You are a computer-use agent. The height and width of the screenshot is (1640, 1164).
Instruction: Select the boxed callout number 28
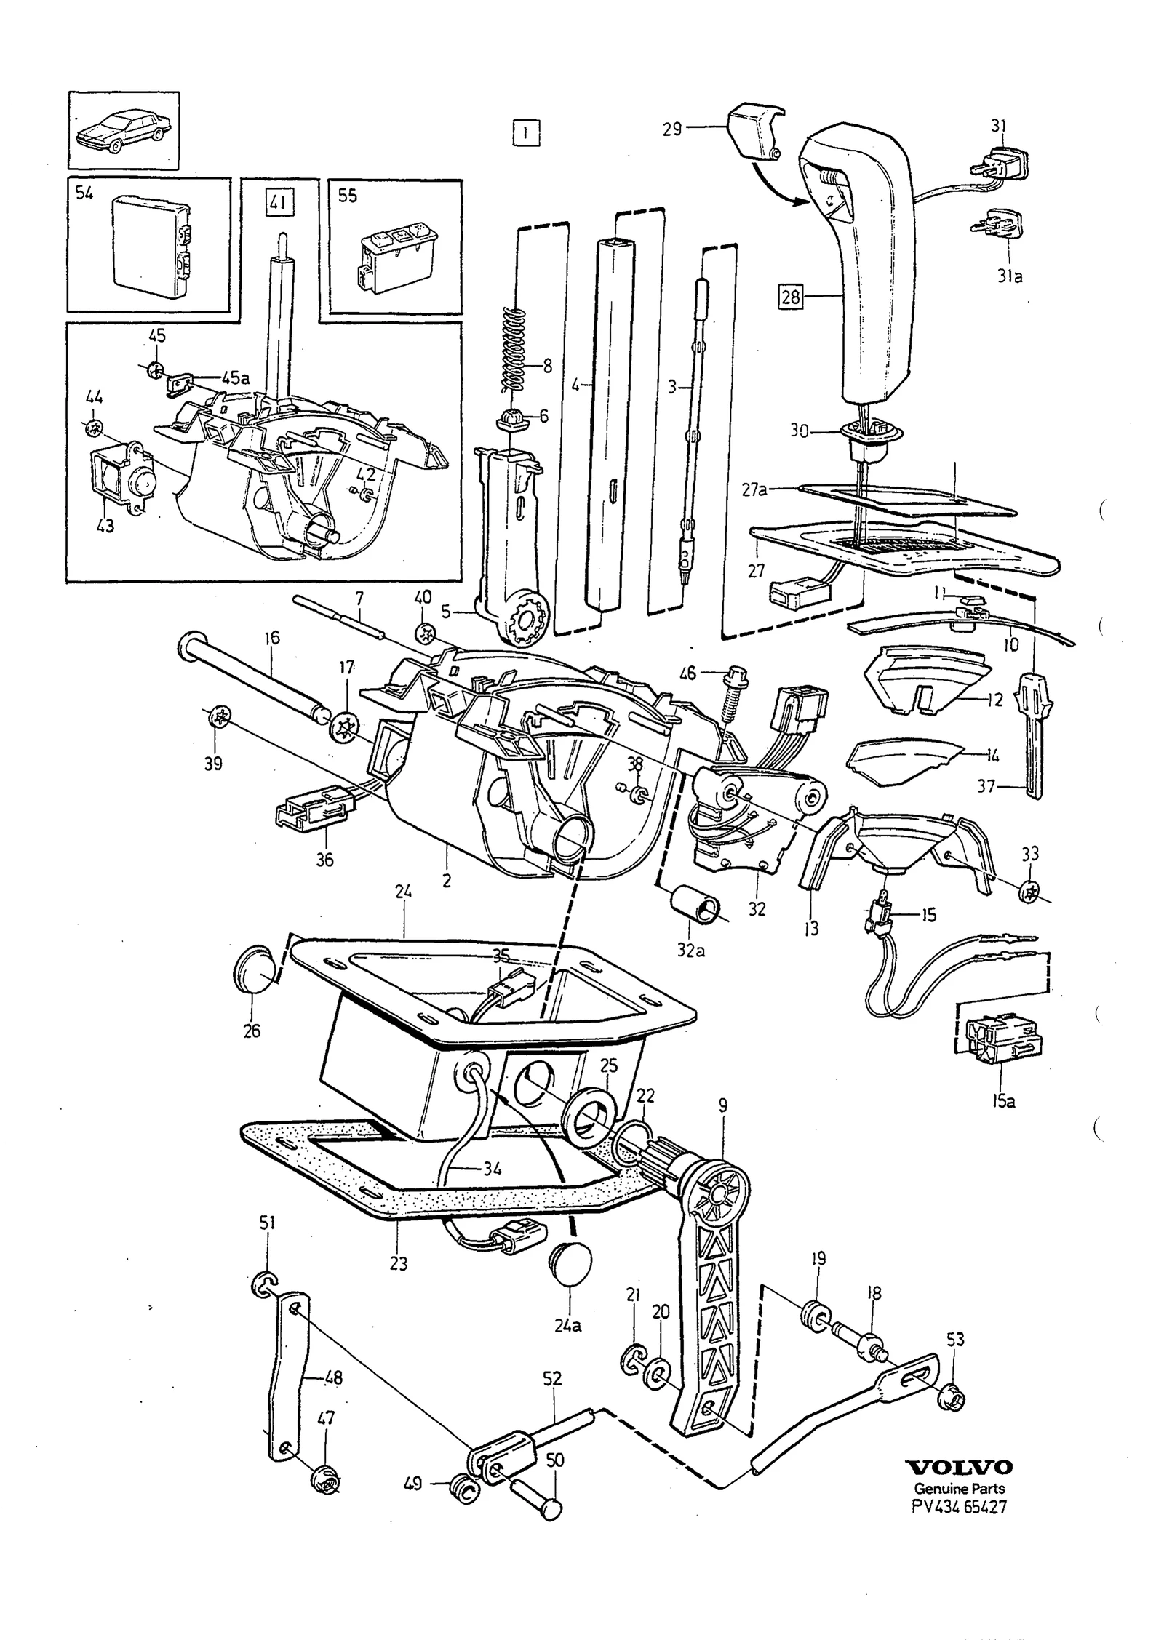[x=790, y=296]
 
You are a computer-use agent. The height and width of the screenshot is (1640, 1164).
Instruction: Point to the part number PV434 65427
[x=960, y=1506]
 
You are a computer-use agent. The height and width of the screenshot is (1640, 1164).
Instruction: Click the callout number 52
[x=553, y=1379]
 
